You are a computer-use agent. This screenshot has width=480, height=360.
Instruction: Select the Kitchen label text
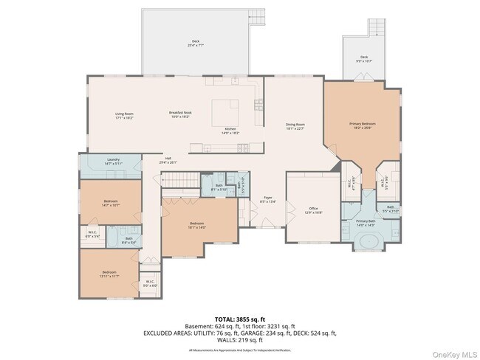point(230,130)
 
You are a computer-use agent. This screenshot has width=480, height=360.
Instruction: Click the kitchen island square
point(227,113)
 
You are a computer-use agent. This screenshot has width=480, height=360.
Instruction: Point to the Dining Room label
point(295,126)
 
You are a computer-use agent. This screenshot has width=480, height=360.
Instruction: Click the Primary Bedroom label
point(363,125)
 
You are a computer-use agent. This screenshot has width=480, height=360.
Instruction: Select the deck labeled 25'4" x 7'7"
point(196,43)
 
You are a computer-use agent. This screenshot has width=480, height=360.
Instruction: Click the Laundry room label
point(113,161)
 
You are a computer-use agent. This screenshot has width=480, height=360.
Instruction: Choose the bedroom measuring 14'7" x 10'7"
point(111,203)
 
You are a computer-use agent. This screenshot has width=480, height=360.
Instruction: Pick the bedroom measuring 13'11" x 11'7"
point(109,274)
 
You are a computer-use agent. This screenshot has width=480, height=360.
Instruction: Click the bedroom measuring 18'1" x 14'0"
point(196,225)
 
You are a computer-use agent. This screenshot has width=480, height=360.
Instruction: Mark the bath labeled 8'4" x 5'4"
point(128,240)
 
